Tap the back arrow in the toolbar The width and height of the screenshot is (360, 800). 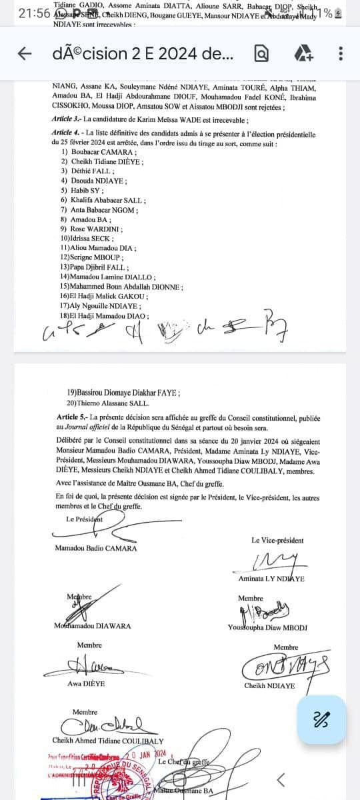(x=25, y=53)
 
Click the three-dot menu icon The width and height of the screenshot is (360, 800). (x=341, y=53)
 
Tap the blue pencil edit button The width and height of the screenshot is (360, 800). (x=322, y=719)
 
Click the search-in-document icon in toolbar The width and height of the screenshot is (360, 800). (x=262, y=53)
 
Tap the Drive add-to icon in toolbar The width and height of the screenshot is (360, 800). (x=303, y=53)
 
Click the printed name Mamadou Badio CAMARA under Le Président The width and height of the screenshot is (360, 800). (x=96, y=548)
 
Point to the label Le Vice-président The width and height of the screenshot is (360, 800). (x=277, y=540)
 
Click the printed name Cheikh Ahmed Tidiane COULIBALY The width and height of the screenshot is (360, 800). (x=108, y=740)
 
